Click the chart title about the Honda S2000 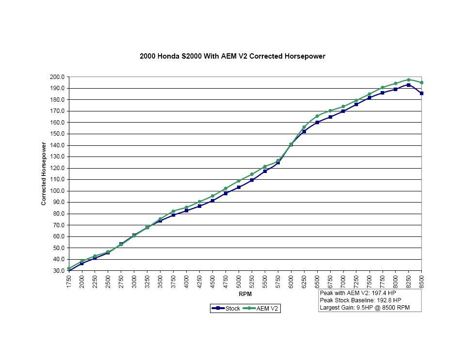coord(232,56)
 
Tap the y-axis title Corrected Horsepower coord(44,173)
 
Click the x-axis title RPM coord(245,294)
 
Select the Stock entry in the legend coord(226,309)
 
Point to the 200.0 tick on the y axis coord(57,77)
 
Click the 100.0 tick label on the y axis coord(57,191)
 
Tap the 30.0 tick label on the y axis coord(58,271)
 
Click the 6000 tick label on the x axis coord(291,282)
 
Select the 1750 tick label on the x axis coord(69,282)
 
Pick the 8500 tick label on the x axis coord(421,282)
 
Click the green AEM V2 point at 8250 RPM coord(408,80)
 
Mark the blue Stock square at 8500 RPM coord(421,94)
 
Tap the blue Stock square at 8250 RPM coord(408,85)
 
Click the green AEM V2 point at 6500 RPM coord(317,116)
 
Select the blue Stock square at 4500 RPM coord(212,201)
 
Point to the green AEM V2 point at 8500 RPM coord(421,82)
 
